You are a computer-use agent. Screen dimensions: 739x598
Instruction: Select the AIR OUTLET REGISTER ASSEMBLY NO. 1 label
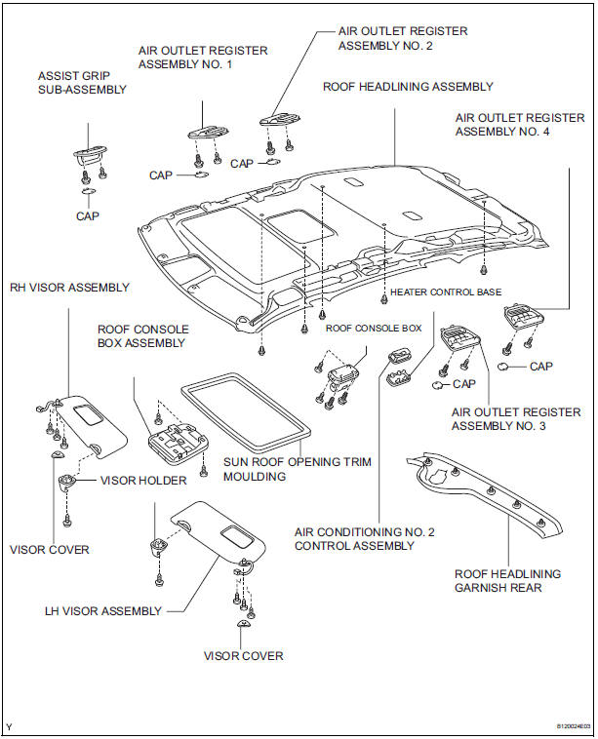click(x=203, y=58)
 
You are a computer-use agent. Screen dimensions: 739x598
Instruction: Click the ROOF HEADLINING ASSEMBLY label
click(x=408, y=87)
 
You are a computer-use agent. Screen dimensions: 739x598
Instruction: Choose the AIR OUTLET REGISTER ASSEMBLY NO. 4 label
click(x=516, y=126)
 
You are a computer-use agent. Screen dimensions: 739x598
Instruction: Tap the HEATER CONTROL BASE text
click(x=445, y=292)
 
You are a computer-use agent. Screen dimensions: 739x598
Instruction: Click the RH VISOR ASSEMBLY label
click(x=69, y=288)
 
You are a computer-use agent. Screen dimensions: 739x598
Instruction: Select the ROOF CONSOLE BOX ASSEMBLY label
click(x=143, y=336)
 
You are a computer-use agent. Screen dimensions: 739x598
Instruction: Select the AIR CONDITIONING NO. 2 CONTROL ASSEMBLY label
click(x=365, y=538)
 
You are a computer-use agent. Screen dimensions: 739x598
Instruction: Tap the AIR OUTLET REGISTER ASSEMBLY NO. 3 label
click(x=515, y=419)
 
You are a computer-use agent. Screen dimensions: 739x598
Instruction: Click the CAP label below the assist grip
click(x=88, y=215)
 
